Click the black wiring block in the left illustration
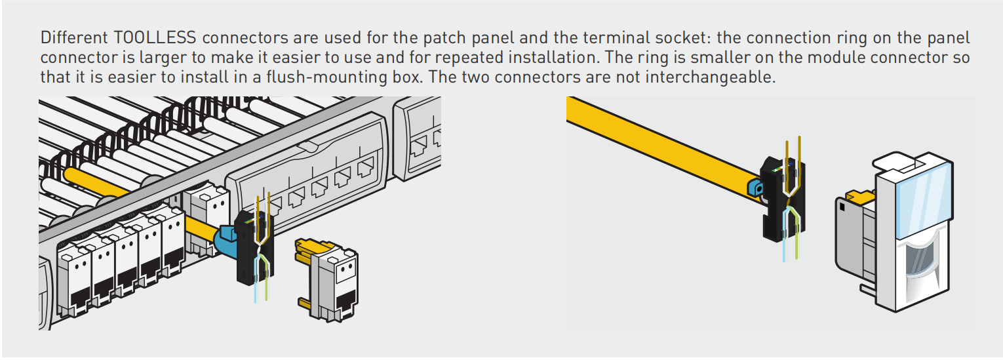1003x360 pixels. pos(254,249)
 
